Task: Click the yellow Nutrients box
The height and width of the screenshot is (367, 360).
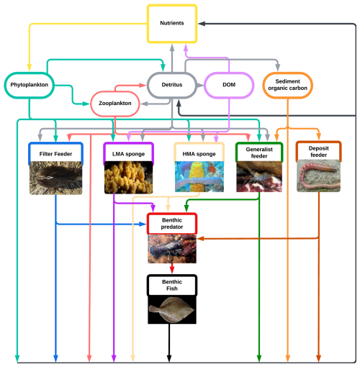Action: point(172,24)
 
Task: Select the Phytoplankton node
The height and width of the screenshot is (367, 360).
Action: point(30,85)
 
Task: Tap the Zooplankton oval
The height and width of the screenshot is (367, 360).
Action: point(115,104)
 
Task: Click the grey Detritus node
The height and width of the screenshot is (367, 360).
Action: point(172,85)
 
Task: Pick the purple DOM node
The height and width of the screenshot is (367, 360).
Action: point(229,85)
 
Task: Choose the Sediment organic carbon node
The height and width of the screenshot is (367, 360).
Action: point(287,85)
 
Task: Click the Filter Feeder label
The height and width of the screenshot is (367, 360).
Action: point(55,154)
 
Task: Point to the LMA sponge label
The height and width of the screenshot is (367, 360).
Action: point(128,154)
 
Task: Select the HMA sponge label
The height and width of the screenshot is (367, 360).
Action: point(199,154)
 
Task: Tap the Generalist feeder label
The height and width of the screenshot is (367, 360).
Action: point(259,153)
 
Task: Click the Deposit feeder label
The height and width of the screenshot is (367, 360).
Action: point(319,152)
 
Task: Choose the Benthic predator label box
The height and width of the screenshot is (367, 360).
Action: point(172,224)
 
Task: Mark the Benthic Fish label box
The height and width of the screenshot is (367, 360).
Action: point(172,285)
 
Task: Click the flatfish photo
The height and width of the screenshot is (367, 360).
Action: point(172,310)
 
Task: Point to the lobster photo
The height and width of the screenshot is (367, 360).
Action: point(172,249)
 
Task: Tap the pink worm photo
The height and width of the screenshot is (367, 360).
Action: point(319,176)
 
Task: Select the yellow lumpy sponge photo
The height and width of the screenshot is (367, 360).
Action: point(128,178)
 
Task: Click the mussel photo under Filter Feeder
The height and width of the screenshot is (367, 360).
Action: point(55,178)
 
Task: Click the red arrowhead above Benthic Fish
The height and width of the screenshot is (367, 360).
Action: point(172,269)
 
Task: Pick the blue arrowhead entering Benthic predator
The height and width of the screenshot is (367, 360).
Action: point(143,225)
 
